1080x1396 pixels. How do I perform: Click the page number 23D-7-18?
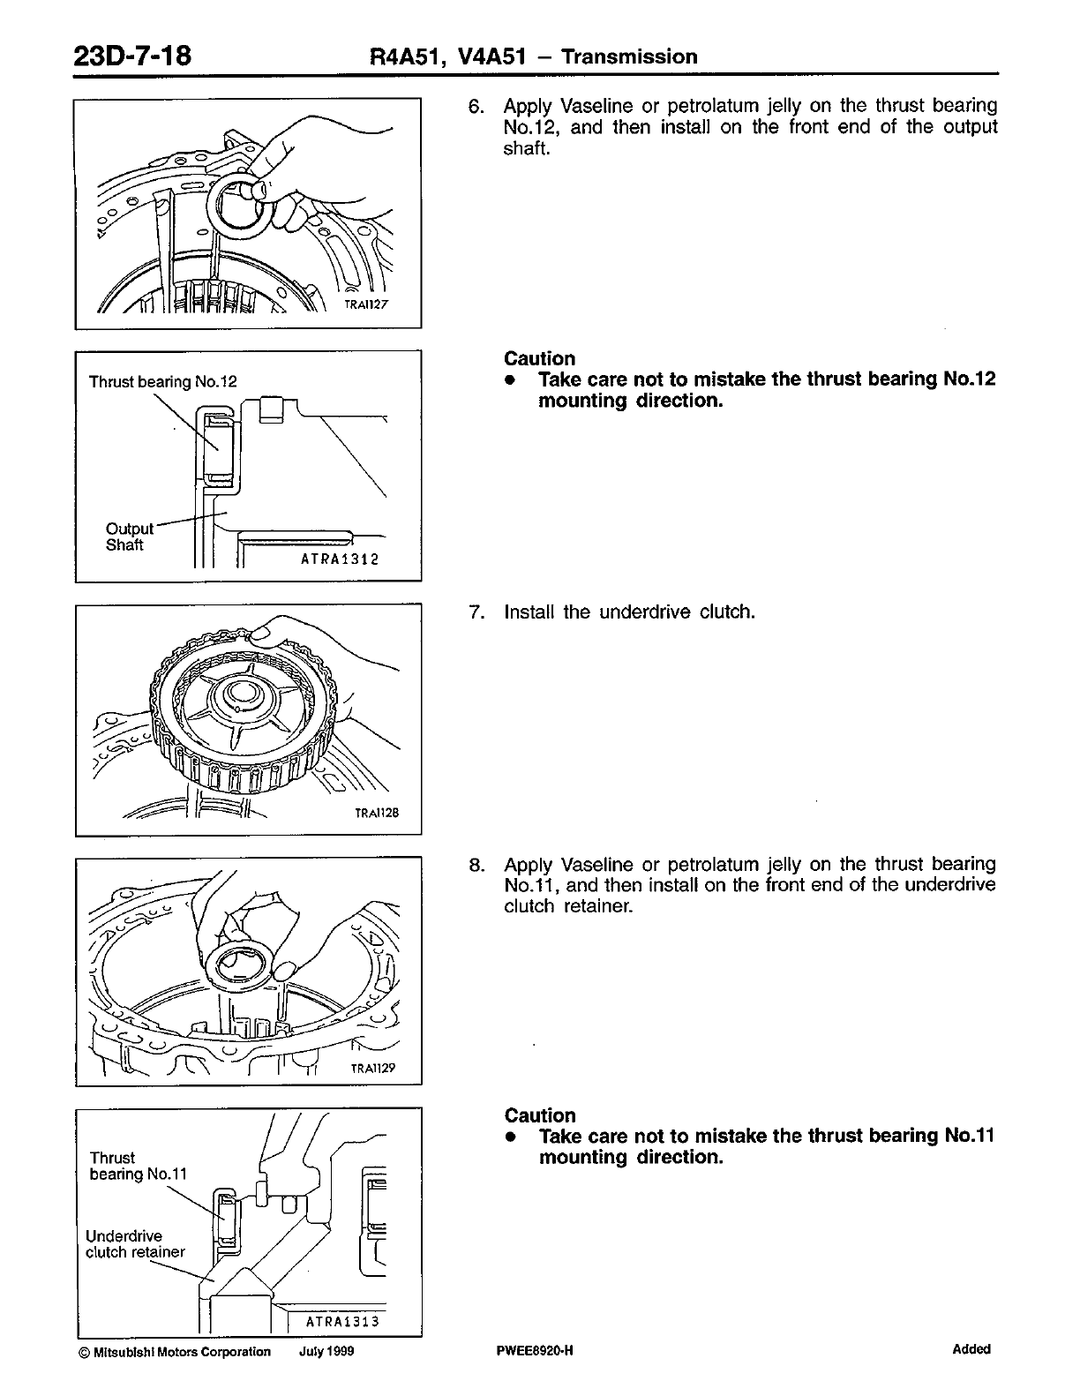tap(132, 56)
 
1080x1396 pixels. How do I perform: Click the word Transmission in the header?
tap(629, 57)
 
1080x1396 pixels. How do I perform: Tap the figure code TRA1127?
tap(367, 304)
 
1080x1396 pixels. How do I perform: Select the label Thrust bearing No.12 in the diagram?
tap(163, 382)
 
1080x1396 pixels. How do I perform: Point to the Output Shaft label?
tap(126, 537)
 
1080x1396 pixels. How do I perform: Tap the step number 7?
tap(476, 612)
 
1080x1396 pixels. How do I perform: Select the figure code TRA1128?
tap(377, 813)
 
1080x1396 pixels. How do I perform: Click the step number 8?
tap(476, 864)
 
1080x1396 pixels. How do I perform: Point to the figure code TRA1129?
tap(373, 1069)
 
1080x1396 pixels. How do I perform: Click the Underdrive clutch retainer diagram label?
tap(135, 1244)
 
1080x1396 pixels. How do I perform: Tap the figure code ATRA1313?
tap(341, 1321)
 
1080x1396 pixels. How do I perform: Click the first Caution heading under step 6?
tap(539, 358)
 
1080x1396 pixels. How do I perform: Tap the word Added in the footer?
tap(971, 1349)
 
